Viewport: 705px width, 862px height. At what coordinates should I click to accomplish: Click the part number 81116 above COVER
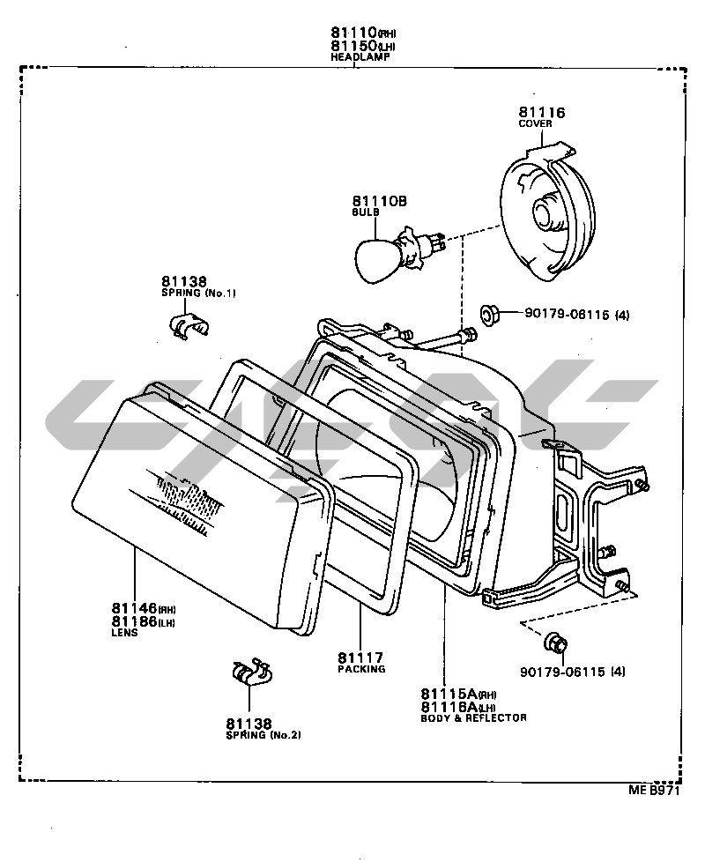(541, 113)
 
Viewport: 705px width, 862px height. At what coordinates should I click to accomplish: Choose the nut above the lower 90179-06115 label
(554, 643)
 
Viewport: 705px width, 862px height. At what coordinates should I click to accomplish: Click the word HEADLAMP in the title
(360, 57)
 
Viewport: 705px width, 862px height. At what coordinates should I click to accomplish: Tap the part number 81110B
(380, 202)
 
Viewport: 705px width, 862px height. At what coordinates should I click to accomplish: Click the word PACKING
(361, 669)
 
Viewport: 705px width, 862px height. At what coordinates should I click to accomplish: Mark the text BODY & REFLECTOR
(473, 717)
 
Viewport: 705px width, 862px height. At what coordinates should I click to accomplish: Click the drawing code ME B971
(656, 790)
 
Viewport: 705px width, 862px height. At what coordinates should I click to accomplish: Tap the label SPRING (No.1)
(198, 293)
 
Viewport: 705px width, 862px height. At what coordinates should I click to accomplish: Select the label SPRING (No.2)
(263, 735)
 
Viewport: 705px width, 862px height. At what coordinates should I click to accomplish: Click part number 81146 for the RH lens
(134, 608)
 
